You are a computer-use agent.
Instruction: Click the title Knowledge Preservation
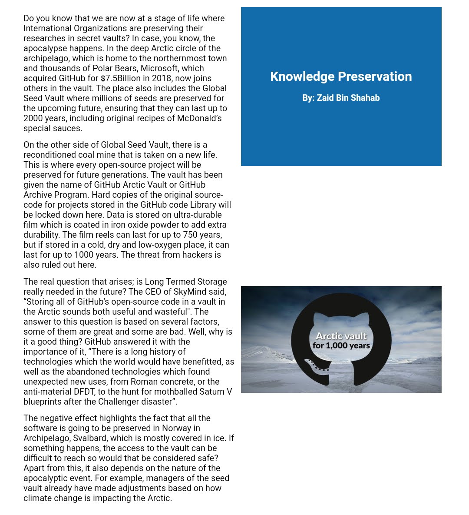click(x=341, y=76)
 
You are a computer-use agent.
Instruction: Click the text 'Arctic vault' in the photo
click(x=341, y=336)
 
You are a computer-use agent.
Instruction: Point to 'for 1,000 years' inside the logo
click(x=341, y=346)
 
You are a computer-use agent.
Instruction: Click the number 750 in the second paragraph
click(x=190, y=235)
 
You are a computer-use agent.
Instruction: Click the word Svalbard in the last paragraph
click(x=89, y=438)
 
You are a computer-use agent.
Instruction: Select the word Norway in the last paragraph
click(x=176, y=428)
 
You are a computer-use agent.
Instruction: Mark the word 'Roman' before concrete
click(x=144, y=382)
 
